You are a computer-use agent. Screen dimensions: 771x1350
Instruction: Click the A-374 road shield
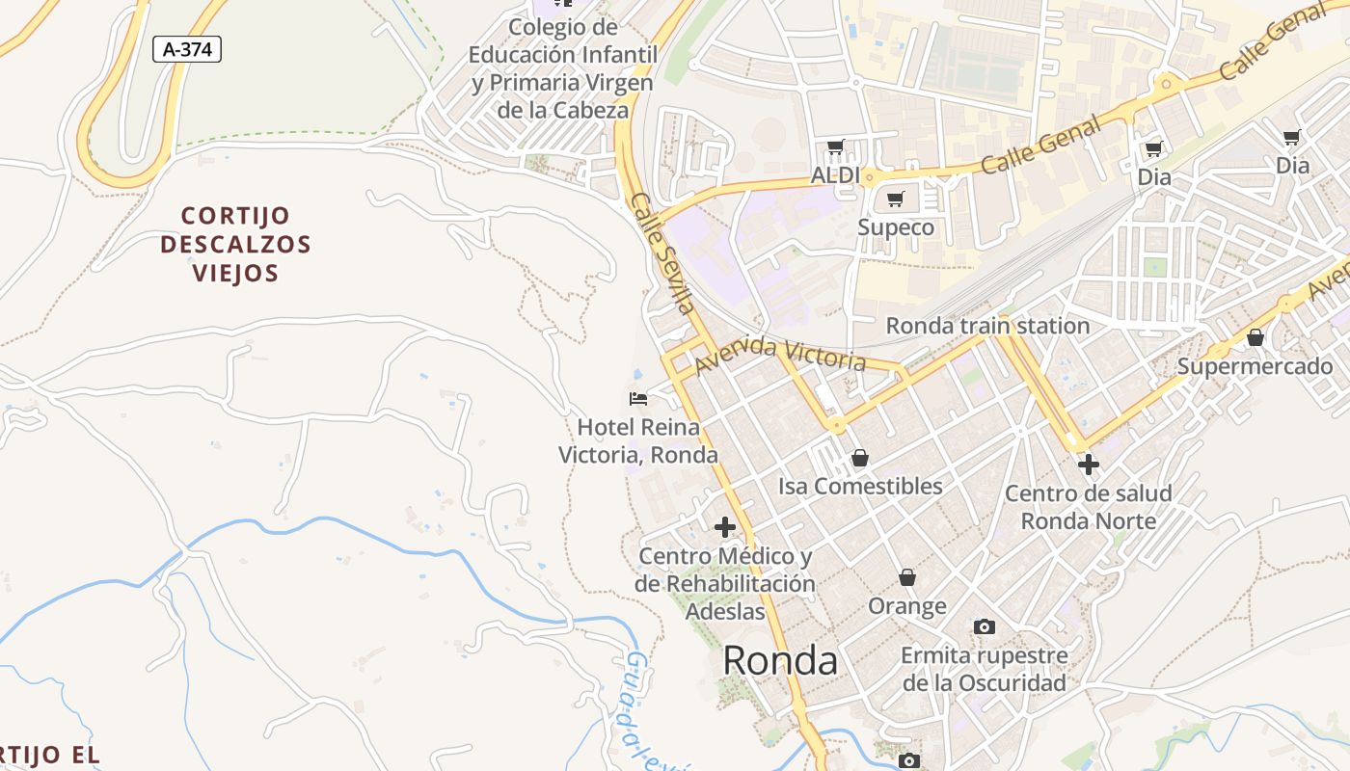(187, 49)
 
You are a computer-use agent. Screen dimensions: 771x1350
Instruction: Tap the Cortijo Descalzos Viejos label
(235, 244)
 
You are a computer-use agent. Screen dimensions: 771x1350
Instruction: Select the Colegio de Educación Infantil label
(563, 68)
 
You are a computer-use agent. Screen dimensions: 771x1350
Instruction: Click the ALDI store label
(835, 175)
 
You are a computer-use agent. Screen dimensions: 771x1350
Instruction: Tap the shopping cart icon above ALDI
(835, 147)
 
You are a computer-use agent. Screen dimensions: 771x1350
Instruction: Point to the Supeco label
(896, 227)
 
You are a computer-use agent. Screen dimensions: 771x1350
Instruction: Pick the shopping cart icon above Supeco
(896, 199)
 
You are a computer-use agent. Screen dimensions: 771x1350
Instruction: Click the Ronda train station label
(987, 326)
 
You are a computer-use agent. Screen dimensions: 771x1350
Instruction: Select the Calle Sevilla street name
(661, 253)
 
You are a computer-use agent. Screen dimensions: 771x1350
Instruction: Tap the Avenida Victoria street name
(779, 355)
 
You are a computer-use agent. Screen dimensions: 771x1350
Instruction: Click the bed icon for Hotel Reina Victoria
(637, 398)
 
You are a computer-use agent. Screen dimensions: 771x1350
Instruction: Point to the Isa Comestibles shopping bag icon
(859, 458)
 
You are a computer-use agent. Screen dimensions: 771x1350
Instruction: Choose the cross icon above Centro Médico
(724, 527)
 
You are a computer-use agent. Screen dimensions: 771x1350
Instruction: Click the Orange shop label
(906, 606)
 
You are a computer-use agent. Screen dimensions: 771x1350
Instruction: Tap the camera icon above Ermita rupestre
(984, 627)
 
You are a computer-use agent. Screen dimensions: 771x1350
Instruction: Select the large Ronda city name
(779, 661)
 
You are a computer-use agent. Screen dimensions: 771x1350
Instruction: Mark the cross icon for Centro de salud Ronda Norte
(1088, 465)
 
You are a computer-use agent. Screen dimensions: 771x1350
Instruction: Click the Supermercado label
(1255, 366)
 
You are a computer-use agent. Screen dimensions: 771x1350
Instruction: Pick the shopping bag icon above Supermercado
(1255, 338)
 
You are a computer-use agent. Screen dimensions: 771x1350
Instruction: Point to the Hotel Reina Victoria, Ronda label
(638, 440)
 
